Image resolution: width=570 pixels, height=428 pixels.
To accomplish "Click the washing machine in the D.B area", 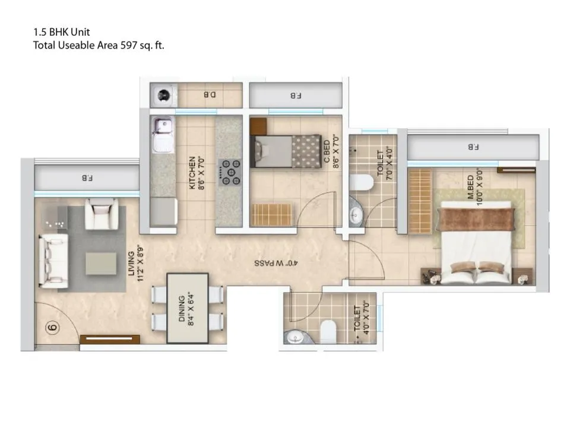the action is pos(164,95).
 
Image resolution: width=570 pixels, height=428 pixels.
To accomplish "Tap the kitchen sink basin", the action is pos(163,126).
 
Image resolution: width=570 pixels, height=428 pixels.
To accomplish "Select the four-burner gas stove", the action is pos(230,173).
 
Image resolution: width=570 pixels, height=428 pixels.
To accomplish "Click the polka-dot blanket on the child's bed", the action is pos(306,151).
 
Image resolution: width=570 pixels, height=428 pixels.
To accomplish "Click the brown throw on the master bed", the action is pos(476,218).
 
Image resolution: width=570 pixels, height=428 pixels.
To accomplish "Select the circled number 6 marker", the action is pos(52,328).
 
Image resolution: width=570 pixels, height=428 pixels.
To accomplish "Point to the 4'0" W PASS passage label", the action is pos(276,263).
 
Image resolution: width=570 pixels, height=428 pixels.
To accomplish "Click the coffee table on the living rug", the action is pos(101,264).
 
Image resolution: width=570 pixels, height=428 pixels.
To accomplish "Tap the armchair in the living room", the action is pos(102,214).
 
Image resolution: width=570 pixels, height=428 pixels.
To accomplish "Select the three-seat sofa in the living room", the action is pos(53,259).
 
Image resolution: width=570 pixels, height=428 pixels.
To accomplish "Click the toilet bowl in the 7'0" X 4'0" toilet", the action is pos(362,182).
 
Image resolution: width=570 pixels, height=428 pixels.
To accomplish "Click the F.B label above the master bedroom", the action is pos(473,147).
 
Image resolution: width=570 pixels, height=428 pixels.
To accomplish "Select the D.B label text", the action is pos(210,95).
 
